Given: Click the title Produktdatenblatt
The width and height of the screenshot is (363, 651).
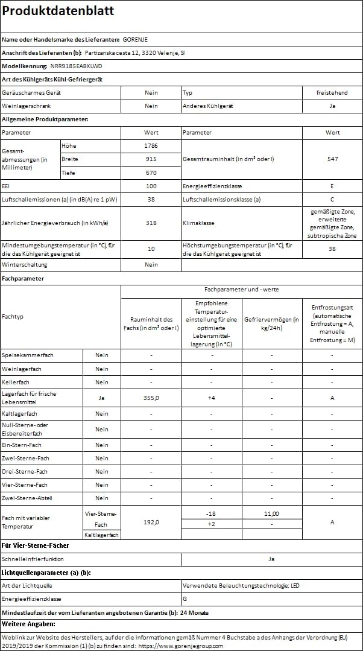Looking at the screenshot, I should [58, 11].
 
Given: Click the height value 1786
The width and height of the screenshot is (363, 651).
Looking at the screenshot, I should [151, 146].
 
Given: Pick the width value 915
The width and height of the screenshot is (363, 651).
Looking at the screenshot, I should [151, 159].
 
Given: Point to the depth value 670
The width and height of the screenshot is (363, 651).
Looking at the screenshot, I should [151, 173].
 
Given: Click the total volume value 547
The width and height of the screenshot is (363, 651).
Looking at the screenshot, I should [332, 159].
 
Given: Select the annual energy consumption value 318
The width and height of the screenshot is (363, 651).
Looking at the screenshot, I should [151, 223].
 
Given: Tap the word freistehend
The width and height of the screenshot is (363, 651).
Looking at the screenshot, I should [332, 93].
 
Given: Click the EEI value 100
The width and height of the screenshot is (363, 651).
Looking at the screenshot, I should [151, 186].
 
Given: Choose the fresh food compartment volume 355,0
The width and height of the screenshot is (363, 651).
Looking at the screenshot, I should [151, 398].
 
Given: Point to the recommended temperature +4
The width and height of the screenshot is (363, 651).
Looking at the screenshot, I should [212, 398].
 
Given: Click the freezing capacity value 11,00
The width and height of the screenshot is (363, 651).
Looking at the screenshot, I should [271, 513].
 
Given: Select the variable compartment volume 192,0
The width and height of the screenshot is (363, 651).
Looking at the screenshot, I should [151, 522].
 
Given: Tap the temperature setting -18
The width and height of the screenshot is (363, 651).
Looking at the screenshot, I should [212, 513].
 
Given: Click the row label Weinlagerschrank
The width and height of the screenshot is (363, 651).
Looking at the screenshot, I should [26, 106].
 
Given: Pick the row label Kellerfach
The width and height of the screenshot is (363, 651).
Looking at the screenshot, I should [16, 383].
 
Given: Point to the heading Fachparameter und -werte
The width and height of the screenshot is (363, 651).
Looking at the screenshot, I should [242, 290].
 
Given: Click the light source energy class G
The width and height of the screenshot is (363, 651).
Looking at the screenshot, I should [185, 599].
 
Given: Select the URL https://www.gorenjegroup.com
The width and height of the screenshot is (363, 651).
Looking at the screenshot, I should [180, 646].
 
